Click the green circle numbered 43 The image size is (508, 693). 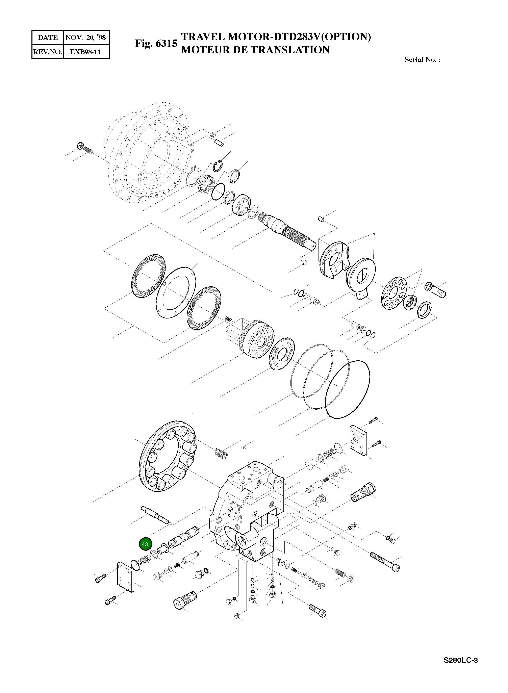145,544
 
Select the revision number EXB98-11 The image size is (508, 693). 85,52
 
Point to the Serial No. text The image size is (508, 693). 422,60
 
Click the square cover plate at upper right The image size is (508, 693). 358,440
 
